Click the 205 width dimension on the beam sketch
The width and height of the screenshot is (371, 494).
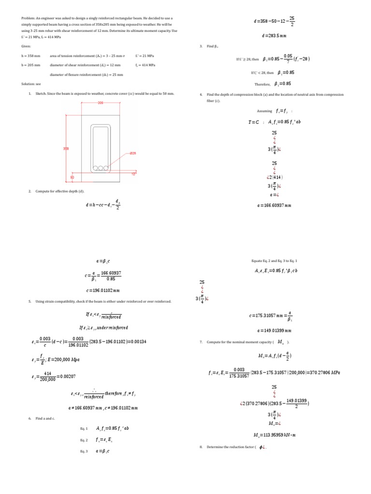(100, 103)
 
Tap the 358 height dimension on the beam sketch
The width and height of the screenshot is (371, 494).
(66, 149)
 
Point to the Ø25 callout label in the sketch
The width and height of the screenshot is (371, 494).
(132, 153)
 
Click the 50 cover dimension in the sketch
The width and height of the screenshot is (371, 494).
(72, 178)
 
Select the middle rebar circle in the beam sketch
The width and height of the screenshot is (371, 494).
(100, 168)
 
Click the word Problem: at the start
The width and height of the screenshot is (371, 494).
(29, 18)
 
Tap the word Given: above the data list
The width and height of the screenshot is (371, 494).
(26, 46)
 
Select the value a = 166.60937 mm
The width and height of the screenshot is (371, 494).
(274, 206)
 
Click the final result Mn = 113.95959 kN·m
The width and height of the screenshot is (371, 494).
(274, 435)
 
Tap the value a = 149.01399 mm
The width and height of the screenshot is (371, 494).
(274, 330)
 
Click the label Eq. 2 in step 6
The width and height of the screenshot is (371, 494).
(84, 440)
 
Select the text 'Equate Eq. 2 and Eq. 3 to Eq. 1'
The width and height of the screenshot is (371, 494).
(274, 261)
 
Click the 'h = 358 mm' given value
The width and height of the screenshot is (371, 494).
(31, 56)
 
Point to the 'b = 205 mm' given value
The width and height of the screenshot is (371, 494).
(31, 65)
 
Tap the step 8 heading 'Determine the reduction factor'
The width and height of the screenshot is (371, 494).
(231, 447)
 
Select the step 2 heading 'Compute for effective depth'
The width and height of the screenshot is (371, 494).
(56, 192)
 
